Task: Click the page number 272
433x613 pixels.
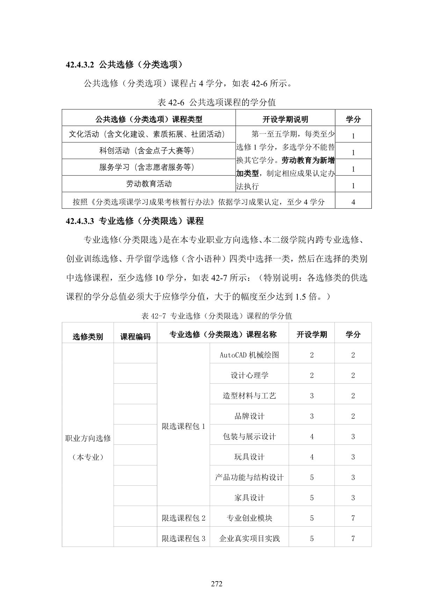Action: click(x=217, y=584)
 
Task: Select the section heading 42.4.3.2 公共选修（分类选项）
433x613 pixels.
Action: click(x=125, y=65)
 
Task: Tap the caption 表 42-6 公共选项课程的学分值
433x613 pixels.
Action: click(x=217, y=102)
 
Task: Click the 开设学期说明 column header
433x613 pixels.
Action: click(x=285, y=119)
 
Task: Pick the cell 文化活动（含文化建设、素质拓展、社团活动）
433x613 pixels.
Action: click(x=149, y=134)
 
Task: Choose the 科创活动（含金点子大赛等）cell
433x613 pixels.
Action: click(x=149, y=151)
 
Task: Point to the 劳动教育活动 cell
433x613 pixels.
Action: click(x=149, y=184)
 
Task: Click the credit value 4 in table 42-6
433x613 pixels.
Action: click(x=353, y=202)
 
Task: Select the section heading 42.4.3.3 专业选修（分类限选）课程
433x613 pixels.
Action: click(x=135, y=221)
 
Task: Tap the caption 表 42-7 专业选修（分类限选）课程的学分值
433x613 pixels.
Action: click(x=217, y=316)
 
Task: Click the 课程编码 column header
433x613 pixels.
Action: click(x=135, y=336)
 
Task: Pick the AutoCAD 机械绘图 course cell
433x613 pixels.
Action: click(x=249, y=355)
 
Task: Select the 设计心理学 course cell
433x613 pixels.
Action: click(x=249, y=376)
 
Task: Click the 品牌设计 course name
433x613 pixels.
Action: click(x=249, y=416)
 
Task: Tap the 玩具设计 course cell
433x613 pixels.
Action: click(x=249, y=457)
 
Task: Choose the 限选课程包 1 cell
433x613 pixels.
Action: click(x=183, y=426)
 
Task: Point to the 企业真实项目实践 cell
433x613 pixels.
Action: click(x=249, y=539)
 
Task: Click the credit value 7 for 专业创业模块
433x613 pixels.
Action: click(x=353, y=518)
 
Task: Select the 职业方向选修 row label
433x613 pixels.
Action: click(x=88, y=439)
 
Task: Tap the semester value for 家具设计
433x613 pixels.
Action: click(x=312, y=498)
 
